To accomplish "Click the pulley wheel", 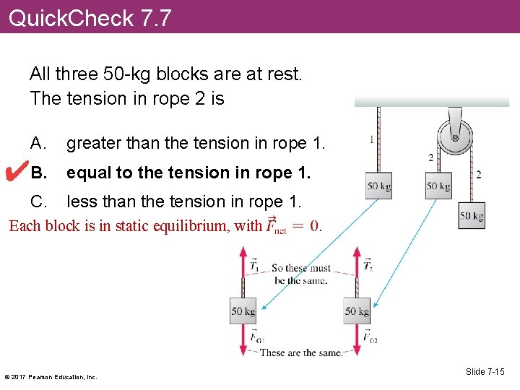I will click(x=455, y=137).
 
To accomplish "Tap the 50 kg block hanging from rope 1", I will click(x=378, y=186).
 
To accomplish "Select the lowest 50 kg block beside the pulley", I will click(x=472, y=216).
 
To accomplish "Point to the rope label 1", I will click(x=371, y=139).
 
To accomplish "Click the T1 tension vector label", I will click(x=254, y=266).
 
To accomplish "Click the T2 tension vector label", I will click(x=368, y=266).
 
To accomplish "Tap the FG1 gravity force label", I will click(x=256, y=337).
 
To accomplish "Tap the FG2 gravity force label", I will click(x=369, y=337).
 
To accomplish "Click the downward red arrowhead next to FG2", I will click(x=357, y=352).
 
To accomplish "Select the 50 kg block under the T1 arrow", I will click(x=243, y=311).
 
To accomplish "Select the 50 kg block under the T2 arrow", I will click(x=357, y=311).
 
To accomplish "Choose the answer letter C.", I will click(x=37, y=201).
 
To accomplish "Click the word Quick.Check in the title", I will click(x=71, y=17).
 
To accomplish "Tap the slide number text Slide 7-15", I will click(x=485, y=372).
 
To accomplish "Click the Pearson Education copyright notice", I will click(x=51, y=376).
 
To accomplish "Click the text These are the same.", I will click(x=300, y=352).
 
